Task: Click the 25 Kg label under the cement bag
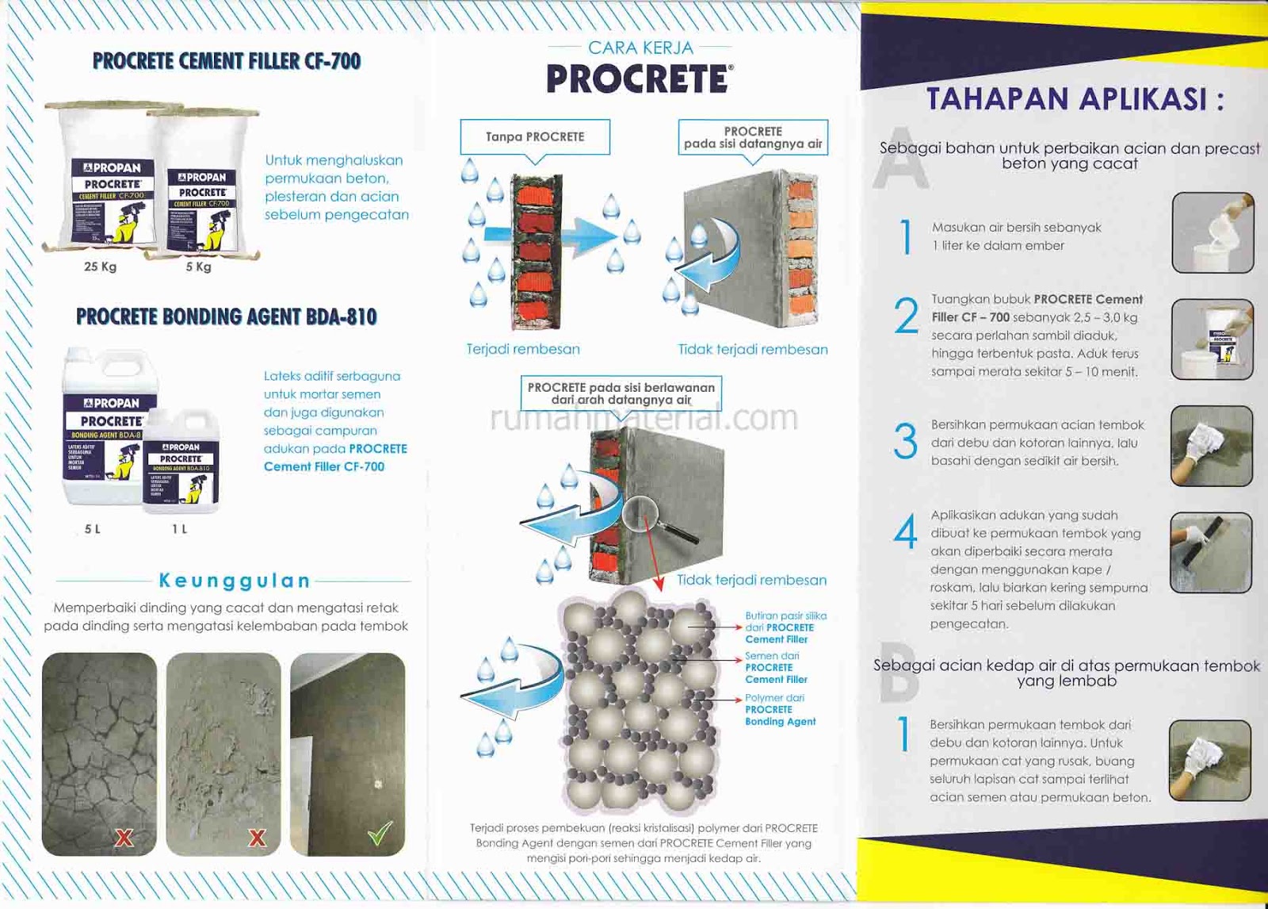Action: click(101, 267)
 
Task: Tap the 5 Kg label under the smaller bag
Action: click(198, 267)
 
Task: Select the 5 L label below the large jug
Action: click(93, 529)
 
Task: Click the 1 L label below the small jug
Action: click(180, 529)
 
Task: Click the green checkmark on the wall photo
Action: click(380, 834)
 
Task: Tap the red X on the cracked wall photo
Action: click(124, 837)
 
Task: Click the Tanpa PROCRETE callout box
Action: click(535, 136)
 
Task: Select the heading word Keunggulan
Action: click(235, 581)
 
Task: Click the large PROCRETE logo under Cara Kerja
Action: click(639, 79)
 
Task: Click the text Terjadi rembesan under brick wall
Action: click(523, 349)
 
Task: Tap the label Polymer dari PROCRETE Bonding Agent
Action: click(779, 709)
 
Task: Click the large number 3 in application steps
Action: click(905, 441)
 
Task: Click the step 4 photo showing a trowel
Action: click(1210, 552)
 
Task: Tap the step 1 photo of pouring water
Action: click(1213, 232)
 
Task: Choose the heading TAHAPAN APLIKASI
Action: click(1075, 99)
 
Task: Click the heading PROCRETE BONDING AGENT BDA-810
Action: click(226, 316)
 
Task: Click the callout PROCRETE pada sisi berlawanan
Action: click(621, 393)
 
